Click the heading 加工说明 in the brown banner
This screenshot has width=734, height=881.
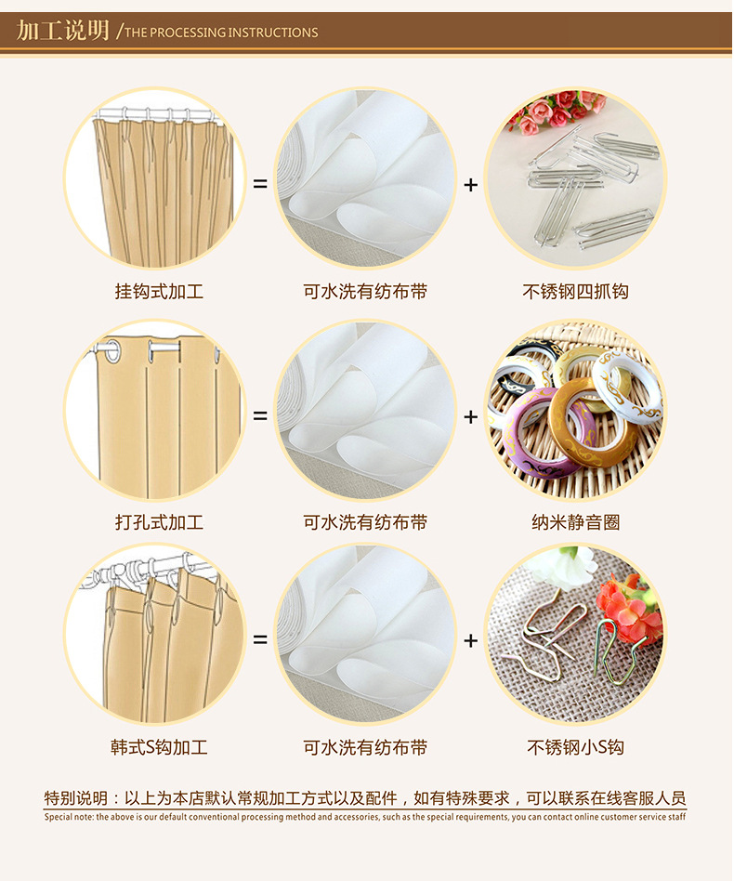[62, 31]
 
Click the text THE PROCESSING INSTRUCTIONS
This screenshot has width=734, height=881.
[221, 33]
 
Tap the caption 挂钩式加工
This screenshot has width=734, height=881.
[159, 292]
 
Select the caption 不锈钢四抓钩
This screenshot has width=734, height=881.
[575, 292]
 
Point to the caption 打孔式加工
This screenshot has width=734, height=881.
[159, 522]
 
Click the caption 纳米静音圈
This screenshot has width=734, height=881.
[576, 522]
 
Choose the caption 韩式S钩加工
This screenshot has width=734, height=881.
[159, 747]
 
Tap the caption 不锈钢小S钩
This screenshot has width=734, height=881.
[576, 747]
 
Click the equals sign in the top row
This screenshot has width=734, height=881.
[260, 184]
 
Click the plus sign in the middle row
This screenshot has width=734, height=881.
[471, 416]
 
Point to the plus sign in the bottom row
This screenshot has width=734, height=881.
[471, 640]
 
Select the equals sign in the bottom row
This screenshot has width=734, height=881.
[260, 640]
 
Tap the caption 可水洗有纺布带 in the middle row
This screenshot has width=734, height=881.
[365, 522]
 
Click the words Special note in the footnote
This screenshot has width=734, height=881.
[69, 817]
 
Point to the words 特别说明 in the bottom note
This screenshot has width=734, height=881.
[75, 798]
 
